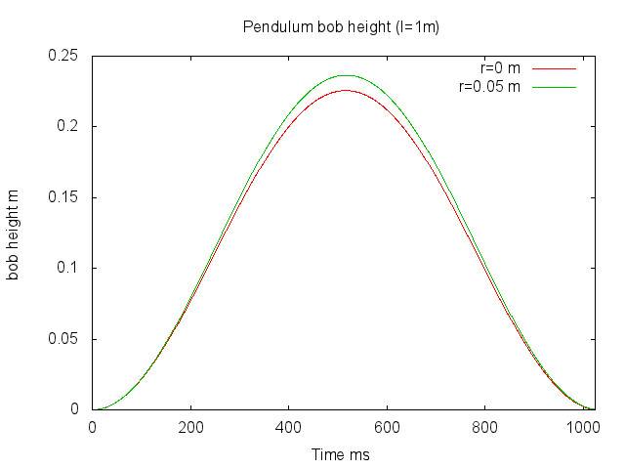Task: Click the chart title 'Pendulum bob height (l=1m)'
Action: pos(341,26)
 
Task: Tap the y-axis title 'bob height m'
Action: pos(14,234)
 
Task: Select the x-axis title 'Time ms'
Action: pos(341,454)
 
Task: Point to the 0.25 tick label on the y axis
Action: pos(63,56)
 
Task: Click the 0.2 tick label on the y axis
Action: pos(68,126)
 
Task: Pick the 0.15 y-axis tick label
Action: pos(63,197)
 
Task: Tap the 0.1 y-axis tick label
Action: pos(68,268)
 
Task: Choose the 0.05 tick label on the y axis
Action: pos(63,339)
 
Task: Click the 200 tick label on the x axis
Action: pos(190,428)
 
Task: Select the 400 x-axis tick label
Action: pos(289,428)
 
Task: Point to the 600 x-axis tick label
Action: pos(388,428)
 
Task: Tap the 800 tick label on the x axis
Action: pos(485,428)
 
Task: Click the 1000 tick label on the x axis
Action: pos(583,428)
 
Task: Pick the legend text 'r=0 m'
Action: pos(501,68)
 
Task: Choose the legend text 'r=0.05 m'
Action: pos(489,87)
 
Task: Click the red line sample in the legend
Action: pos(554,69)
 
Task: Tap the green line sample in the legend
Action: pos(554,87)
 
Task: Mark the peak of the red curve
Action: pos(345,90)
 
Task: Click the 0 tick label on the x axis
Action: pos(93,428)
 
